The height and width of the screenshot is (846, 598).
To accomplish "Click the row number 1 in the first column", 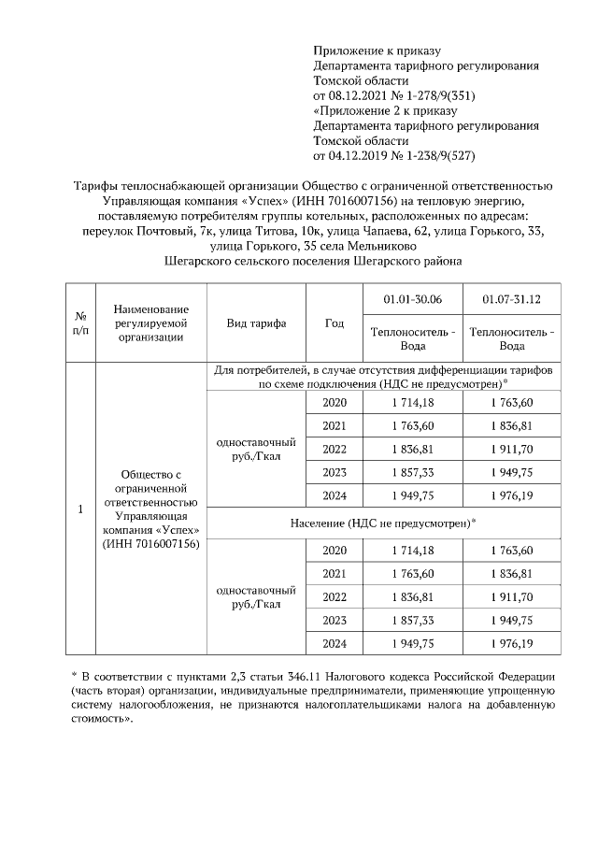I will click(80, 509).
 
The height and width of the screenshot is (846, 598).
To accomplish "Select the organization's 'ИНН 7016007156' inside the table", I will click(150, 544).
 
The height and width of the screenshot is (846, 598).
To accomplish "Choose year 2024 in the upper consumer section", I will click(334, 495).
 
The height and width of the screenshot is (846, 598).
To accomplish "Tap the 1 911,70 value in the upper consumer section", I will click(511, 449).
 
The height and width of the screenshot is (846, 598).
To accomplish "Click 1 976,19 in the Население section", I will click(511, 643).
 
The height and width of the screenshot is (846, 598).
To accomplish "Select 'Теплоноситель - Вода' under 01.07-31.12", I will click(511, 338).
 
